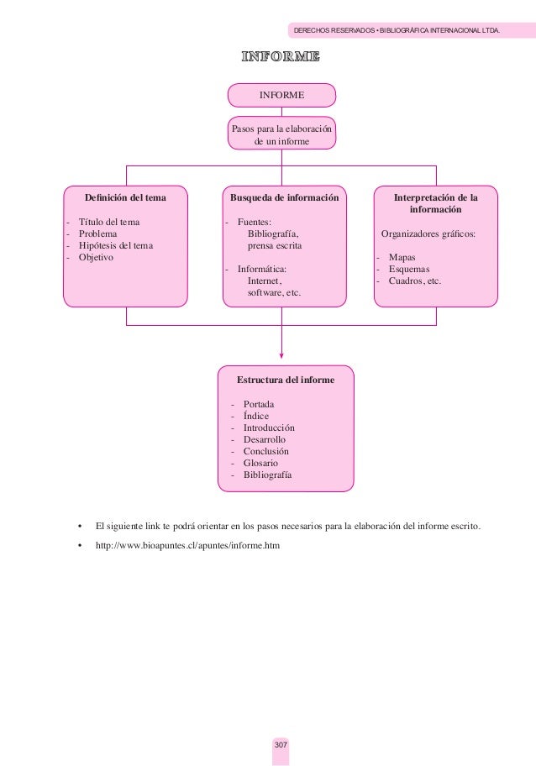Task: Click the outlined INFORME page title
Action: tap(281, 57)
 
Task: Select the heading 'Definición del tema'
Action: tap(124, 198)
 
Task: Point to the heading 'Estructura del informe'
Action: tap(286, 380)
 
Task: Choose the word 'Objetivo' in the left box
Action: tap(96, 257)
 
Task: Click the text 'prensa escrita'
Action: tap(275, 245)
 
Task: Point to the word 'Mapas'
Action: tap(402, 257)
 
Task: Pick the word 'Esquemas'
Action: tap(408, 269)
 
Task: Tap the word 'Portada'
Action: tap(259, 404)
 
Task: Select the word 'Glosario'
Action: tap(260, 463)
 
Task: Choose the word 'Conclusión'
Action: tap(266, 451)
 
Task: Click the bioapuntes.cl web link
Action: tap(187, 545)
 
